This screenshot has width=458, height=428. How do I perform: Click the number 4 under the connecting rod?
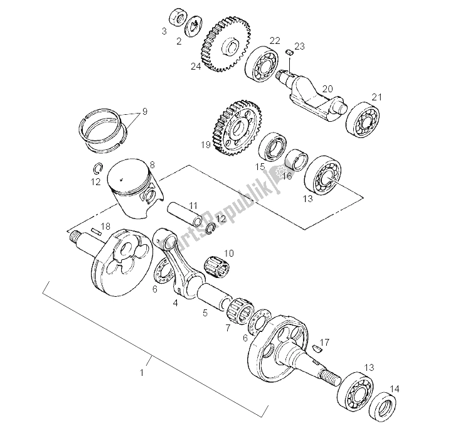click(176, 303)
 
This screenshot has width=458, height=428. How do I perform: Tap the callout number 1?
click(142, 373)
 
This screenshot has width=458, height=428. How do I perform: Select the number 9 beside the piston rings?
click(144, 111)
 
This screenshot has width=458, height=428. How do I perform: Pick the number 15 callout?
click(260, 166)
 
